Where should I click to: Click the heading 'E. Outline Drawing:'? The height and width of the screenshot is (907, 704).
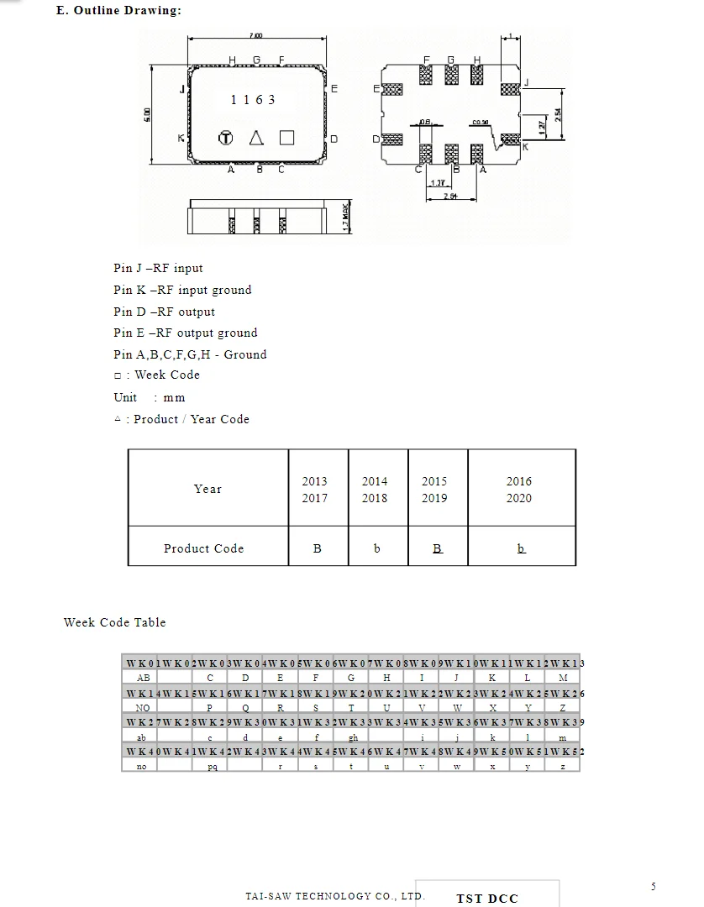coord(118,10)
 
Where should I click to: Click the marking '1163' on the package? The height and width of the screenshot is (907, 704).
coord(253,100)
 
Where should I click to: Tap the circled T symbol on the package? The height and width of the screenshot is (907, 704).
coord(225,138)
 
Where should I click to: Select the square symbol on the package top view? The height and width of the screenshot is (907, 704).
coord(286,138)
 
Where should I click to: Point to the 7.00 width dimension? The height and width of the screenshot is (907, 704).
coord(255,35)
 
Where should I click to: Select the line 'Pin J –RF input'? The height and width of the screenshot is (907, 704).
coord(158,268)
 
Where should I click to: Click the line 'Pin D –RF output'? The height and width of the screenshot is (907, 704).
coord(164,312)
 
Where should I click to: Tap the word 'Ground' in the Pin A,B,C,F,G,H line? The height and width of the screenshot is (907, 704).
coord(245,354)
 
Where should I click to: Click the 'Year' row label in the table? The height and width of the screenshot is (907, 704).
coord(208,489)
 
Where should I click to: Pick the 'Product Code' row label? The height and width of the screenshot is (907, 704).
coord(203,548)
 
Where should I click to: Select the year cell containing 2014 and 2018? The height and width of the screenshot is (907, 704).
coord(375,490)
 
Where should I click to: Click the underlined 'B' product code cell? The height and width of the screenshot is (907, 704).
coord(437,548)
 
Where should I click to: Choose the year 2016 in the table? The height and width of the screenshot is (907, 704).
coord(518,481)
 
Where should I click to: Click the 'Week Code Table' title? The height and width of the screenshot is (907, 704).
coord(115,622)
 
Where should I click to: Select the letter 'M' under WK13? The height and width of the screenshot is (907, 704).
coord(563,678)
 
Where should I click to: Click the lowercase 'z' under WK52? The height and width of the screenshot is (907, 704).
coord(563,767)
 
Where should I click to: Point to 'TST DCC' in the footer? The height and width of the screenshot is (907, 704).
coord(487,898)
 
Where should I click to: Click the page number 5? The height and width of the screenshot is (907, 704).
coord(654,887)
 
